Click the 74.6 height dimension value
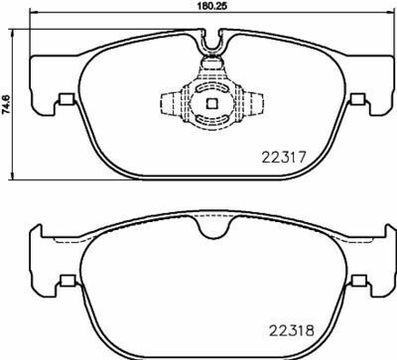coord(6,104)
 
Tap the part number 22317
coord(285,158)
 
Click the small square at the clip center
coord(211,103)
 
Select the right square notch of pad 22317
coord(357,98)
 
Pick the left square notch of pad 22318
coord(68,281)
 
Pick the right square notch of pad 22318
coord(358,281)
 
